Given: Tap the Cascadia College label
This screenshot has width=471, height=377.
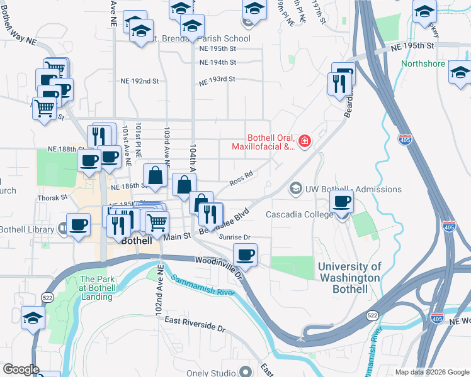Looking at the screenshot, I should tap(299, 215).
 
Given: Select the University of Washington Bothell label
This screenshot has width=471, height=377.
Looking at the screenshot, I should tap(349, 277).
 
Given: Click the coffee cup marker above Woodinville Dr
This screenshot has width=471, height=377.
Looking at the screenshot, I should tap(245, 255).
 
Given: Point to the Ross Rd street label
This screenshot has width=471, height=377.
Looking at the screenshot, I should tap(241, 178).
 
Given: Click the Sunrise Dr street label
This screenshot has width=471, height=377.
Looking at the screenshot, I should tap(235, 237).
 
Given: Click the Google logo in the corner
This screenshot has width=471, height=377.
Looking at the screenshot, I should tap(20, 369).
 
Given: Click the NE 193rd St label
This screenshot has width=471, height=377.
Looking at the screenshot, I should tap(217, 80).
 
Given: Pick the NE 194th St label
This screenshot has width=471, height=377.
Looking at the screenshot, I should tap(217, 62).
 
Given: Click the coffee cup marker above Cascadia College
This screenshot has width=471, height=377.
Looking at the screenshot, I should tap(342, 202).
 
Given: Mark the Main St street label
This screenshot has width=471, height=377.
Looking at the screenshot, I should tap(176, 237).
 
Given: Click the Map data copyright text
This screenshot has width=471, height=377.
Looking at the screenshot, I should tap(432, 372).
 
